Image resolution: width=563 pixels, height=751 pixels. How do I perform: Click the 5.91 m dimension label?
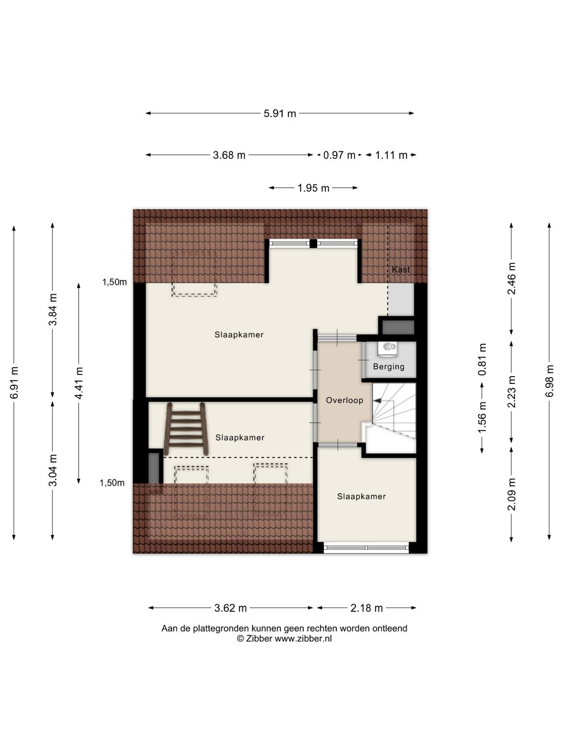(x=280, y=113)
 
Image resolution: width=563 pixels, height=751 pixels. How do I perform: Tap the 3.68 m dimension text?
(x=229, y=155)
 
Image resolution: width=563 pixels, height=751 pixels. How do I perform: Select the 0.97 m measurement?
(x=339, y=155)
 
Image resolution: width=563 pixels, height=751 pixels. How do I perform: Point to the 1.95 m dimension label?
(x=313, y=188)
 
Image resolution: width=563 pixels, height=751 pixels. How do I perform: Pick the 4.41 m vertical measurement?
(x=79, y=383)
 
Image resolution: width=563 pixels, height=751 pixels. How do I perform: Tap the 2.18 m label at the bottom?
(x=366, y=608)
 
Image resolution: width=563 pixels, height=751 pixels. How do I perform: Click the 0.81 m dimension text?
(x=482, y=359)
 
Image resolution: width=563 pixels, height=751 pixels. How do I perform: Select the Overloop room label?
(x=344, y=401)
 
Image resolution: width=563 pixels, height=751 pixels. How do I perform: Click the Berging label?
(x=388, y=367)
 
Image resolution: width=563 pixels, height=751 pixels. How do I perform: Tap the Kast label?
(x=401, y=270)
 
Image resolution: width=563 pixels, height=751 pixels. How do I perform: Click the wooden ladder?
(x=186, y=429)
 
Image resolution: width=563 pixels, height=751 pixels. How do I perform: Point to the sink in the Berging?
(x=388, y=346)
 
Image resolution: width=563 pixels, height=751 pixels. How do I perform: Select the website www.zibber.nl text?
(x=303, y=638)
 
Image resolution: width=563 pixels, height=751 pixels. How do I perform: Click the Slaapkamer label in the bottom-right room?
(x=361, y=496)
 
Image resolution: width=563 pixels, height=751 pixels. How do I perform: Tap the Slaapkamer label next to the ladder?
(x=240, y=438)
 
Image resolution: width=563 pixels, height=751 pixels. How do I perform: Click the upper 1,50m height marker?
(x=114, y=282)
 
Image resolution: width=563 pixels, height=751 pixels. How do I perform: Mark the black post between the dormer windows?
(x=313, y=243)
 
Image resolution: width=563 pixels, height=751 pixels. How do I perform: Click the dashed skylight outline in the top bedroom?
(x=194, y=273)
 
